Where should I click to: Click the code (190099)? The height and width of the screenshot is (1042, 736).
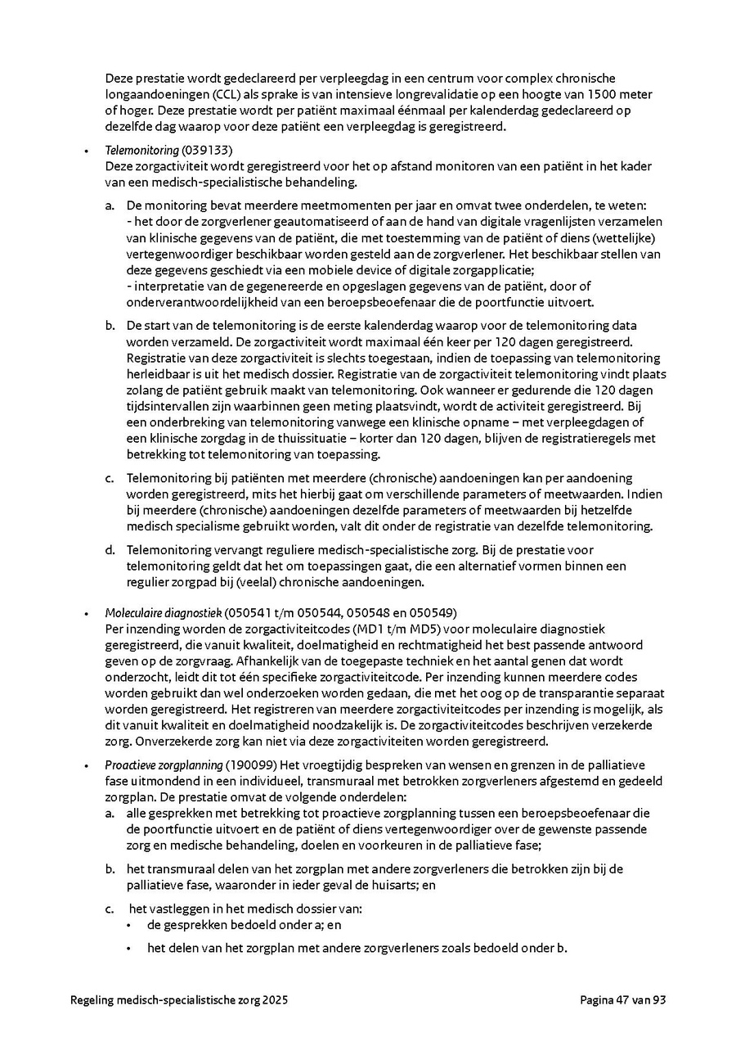(x=251, y=765)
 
